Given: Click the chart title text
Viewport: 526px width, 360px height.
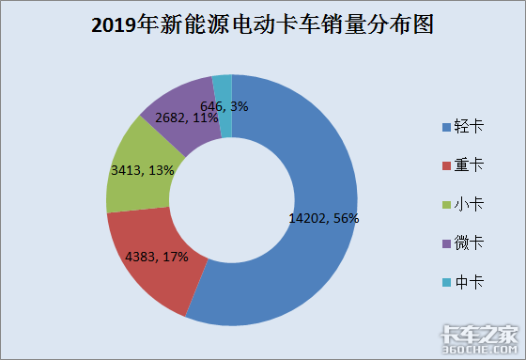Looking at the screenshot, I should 262,25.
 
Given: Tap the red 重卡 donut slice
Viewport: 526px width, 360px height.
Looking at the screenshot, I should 155,273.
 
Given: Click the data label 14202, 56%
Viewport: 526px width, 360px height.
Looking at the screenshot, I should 323,218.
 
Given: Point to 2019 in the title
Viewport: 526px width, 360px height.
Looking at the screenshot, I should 114,26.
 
